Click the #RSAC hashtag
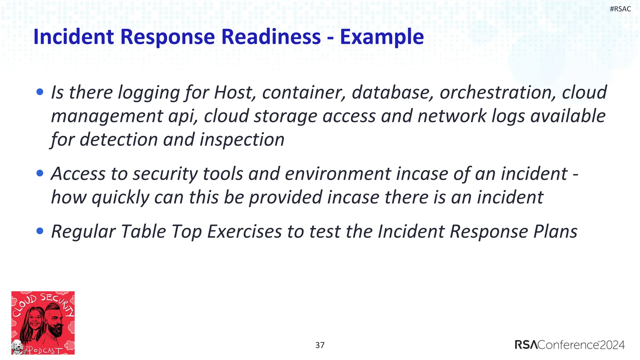[x=620, y=9]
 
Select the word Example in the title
[x=382, y=37]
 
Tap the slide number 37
[x=320, y=345]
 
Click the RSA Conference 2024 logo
[x=569, y=345]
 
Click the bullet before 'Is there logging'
[x=40, y=92]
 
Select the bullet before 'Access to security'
[x=40, y=173]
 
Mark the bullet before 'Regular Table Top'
[x=40, y=231]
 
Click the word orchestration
[x=498, y=92]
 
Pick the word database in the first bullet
[x=392, y=92]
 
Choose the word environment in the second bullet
[x=338, y=174]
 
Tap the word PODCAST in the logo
[x=45, y=350]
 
